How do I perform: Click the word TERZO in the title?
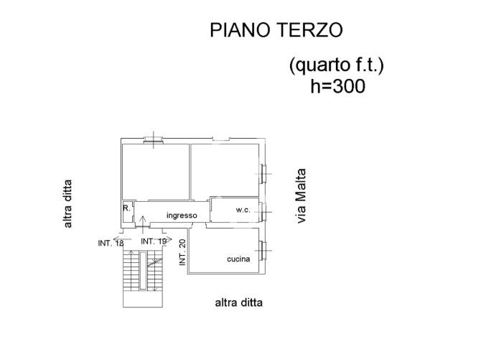pyautogui.click(x=309, y=30)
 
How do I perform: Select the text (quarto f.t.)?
pyautogui.click(x=336, y=65)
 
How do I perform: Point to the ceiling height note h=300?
pyautogui.click(x=338, y=86)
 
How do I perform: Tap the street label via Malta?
pyautogui.click(x=301, y=196)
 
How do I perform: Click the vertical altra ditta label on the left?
pyautogui.click(x=67, y=203)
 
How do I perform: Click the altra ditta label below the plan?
pyautogui.click(x=238, y=303)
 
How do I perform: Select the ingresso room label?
pyautogui.click(x=182, y=216)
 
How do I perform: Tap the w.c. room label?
pyautogui.click(x=243, y=210)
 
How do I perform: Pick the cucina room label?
pyautogui.click(x=238, y=259)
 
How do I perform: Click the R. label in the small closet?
pyautogui.click(x=126, y=208)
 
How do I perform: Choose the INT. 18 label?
pyautogui.click(x=111, y=244)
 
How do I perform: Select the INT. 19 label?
pyautogui.click(x=154, y=241)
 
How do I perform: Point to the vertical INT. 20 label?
pyautogui.click(x=182, y=252)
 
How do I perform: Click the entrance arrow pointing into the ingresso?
pyautogui.click(x=142, y=224)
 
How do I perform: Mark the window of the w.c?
pyautogui.click(x=263, y=212)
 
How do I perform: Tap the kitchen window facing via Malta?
pyautogui.click(x=263, y=251)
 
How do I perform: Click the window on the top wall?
pyautogui.click(x=154, y=140)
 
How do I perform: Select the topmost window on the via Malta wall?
pyautogui.click(x=263, y=173)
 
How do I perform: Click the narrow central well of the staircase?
pyautogui.click(x=143, y=271)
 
